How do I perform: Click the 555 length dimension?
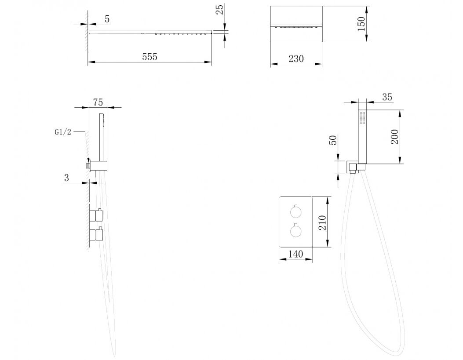[x=149, y=57]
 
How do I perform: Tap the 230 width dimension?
[x=296, y=59]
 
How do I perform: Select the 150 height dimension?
[x=361, y=24]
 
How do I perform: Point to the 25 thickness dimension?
[x=220, y=10]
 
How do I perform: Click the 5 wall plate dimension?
[x=107, y=19]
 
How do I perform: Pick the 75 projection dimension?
[x=98, y=102]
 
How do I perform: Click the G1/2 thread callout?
[x=63, y=132]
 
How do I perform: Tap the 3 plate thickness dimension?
[x=66, y=178]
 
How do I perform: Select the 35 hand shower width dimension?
[x=387, y=97]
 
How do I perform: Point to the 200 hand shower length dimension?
[x=394, y=137]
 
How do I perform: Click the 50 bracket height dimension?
[x=333, y=140]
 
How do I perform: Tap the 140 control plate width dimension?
[x=295, y=254]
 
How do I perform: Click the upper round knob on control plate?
[x=295, y=211]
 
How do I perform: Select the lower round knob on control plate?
[x=295, y=230]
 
